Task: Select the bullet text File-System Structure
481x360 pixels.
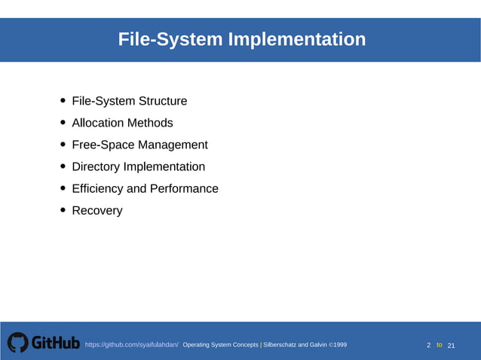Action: (x=129, y=101)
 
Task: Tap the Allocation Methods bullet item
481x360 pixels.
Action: (x=122, y=123)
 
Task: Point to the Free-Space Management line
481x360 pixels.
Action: (x=139, y=145)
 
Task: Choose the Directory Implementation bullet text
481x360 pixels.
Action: (x=138, y=166)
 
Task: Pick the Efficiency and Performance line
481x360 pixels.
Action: (x=145, y=188)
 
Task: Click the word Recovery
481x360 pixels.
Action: (x=97, y=210)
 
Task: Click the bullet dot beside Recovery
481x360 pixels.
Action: (x=63, y=211)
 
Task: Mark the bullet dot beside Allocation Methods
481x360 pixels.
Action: (x=63, y=124)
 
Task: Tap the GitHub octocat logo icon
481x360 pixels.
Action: (x=17, y=343)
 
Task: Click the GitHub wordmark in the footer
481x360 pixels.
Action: (x=55, y=343)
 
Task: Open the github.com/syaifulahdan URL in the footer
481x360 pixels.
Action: (x=131, y=345)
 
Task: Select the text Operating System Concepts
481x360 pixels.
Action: (x=220, y=345)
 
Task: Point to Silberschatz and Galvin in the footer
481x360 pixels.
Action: (x=295, y=345)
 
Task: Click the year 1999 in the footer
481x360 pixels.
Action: (x=339, y=345)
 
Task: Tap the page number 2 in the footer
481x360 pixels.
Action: (x=429, y=345)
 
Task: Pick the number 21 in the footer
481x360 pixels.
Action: (x=452, y=345)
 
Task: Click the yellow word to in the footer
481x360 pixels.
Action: (x=439, y=345)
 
